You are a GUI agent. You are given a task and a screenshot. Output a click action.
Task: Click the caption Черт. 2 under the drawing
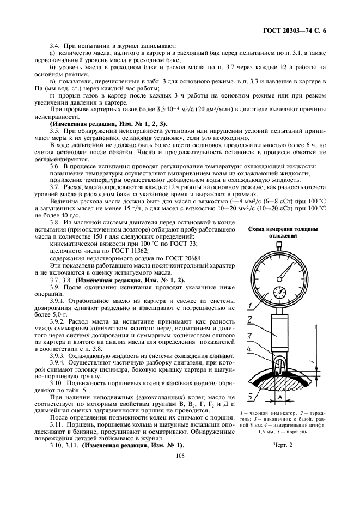click(283, 445)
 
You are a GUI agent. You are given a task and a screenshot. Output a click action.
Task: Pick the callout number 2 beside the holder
click(248, 320)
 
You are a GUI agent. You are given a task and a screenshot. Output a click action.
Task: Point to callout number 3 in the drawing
click(248, 336)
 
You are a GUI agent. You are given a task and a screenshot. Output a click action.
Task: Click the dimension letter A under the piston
click(279, 397)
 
